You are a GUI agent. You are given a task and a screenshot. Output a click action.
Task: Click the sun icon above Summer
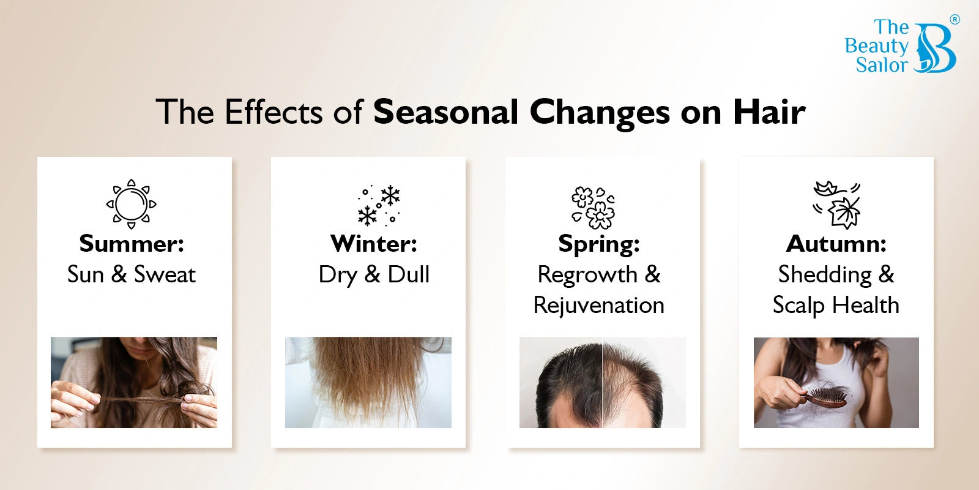131,204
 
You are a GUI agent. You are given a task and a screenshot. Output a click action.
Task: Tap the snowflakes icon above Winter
379,205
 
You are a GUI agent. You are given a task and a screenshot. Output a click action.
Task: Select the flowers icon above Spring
593,208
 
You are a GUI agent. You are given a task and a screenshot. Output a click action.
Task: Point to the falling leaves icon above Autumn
836,205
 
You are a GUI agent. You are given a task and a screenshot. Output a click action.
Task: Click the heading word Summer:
132,243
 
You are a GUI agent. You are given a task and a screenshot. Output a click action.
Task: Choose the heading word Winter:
374,243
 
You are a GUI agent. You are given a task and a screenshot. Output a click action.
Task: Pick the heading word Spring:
599,244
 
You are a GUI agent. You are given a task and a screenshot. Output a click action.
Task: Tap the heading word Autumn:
836,243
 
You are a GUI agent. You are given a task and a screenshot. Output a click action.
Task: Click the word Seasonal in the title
446,112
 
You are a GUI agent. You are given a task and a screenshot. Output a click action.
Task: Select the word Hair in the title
769,112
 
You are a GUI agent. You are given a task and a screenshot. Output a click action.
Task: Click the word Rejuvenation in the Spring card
599,306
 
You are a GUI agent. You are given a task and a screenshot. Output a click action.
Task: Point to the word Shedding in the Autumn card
825,276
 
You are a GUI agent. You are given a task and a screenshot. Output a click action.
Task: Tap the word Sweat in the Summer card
165,275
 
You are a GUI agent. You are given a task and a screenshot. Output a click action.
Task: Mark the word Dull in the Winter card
409,274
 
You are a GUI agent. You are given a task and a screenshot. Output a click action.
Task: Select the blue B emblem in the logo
936,48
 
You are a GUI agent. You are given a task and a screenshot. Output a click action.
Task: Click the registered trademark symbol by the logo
955,19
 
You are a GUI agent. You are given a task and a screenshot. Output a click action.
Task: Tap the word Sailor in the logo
882,65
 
